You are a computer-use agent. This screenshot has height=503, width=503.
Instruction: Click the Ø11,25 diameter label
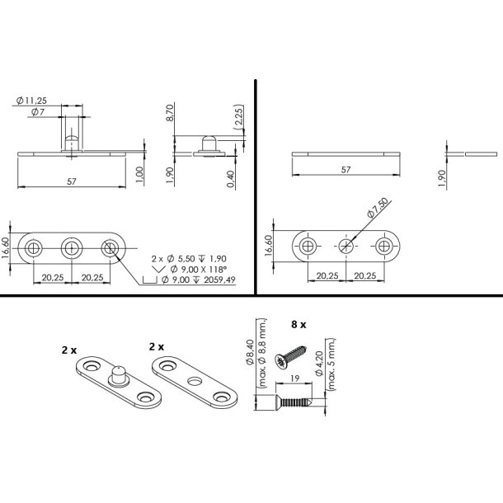31,101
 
